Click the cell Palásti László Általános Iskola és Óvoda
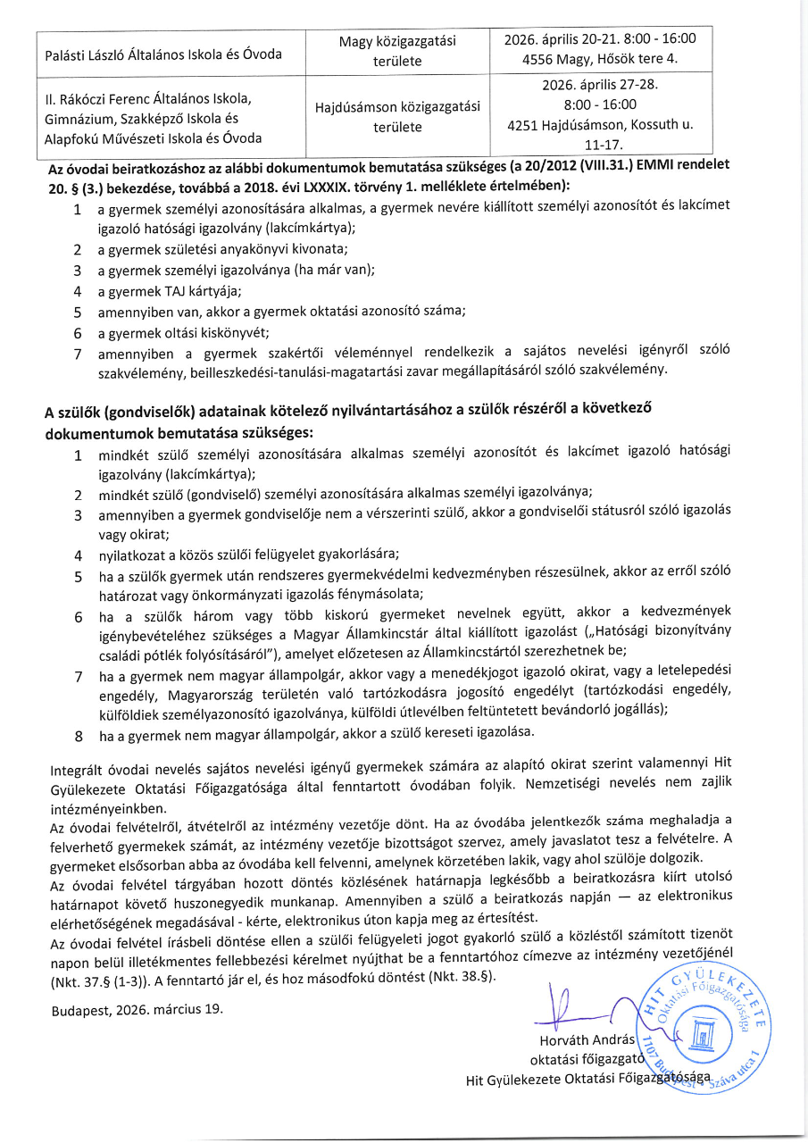(163, 54)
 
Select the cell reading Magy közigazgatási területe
(397, 52)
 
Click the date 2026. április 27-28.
(600, 87)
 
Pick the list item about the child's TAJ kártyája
(170, 291)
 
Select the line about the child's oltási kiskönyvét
(183, 332)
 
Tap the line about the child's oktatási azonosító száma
(281, 312)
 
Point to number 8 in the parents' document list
(79, 737)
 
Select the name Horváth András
(587, 1040)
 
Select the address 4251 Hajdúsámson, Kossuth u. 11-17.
(600, 134)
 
